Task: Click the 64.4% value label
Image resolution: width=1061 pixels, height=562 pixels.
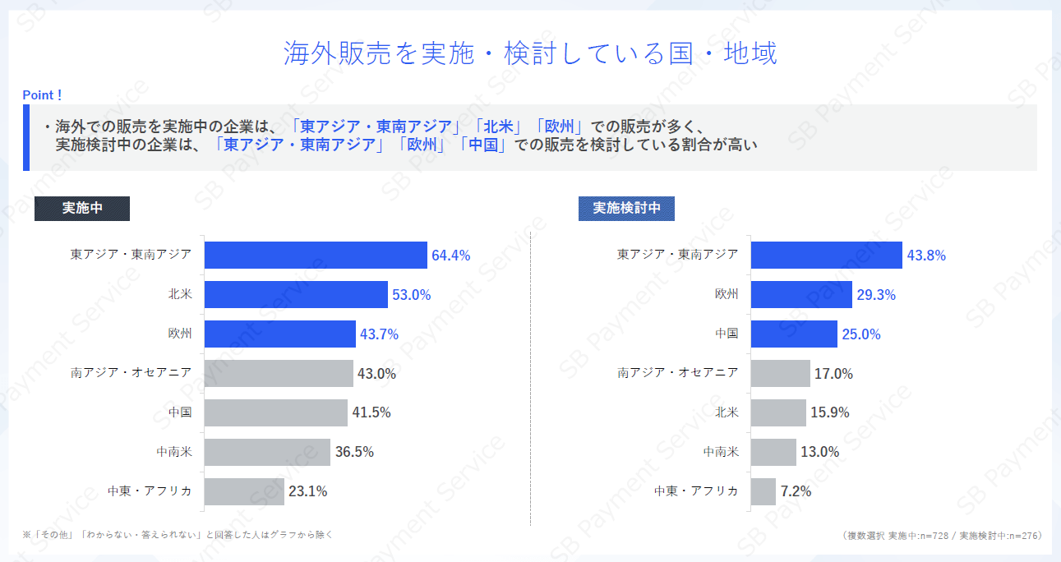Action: (x=450, y=256)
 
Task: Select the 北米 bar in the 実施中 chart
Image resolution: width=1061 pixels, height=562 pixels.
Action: (x=296, y=294)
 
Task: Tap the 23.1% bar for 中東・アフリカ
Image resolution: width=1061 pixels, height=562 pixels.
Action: (x=244, y=491)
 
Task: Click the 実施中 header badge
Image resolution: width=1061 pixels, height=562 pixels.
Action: (x=82, y=208)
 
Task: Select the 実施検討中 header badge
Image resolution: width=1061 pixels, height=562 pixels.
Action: (x=626, y=208)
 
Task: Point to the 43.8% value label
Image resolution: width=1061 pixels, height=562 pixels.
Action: (x=926, y=256)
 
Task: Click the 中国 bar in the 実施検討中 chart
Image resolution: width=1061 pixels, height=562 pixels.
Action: (x=794, y=334)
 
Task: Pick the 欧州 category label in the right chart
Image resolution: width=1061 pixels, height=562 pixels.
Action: (x=726, y=294)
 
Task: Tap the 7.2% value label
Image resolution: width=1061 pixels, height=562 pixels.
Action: (x=796, y=491)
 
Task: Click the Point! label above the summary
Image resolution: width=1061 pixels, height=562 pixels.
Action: (x=42, y=95)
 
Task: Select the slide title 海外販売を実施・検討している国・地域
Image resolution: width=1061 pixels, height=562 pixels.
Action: (x=530, y=53)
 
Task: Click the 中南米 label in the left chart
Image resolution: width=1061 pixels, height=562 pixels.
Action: (x=174, y=452)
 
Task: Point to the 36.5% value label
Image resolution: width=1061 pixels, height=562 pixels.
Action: (x=354, y=452)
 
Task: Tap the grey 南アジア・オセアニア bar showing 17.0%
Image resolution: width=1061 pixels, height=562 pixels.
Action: (x=780, y=373)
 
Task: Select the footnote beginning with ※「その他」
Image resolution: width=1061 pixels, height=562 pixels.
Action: (x=178, y=535)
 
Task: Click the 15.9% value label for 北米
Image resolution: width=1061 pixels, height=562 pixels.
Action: (x=829, y=412)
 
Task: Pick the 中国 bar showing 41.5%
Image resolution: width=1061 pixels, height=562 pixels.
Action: (x=275, y=412)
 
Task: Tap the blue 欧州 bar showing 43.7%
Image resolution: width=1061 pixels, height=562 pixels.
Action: (x=279, y=334)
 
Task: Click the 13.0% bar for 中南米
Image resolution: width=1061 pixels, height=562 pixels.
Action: (x=773, y=452)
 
